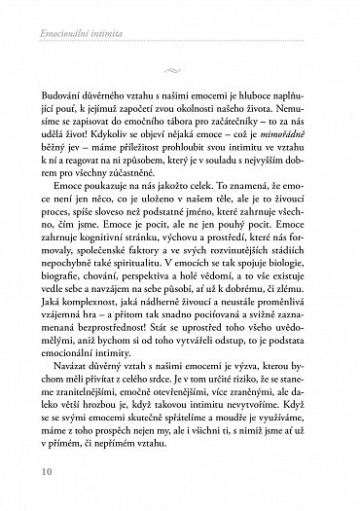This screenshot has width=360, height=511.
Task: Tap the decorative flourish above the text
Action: click(x=179, y=68)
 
